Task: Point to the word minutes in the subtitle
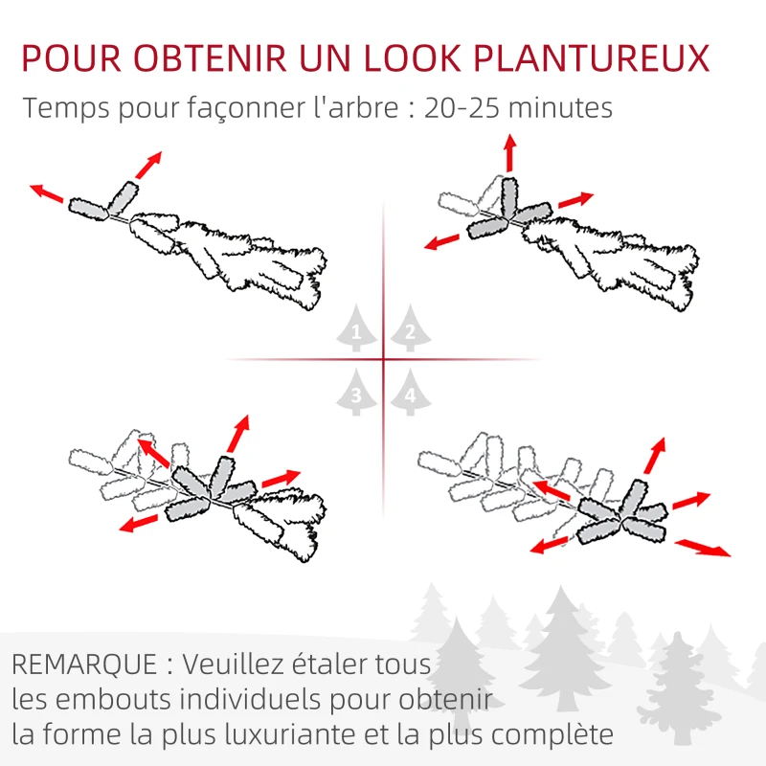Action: click(x=559, y=107)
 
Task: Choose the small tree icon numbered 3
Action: click(x=357, y=394)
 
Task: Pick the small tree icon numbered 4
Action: click(x=410, y=394)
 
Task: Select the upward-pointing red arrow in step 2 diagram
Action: click(x=509, y=152)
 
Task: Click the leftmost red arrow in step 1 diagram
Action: click(x=47, y=193)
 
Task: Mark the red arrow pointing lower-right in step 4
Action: click(x=702, y=548)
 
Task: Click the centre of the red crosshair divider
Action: click(x=383, y=360)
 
